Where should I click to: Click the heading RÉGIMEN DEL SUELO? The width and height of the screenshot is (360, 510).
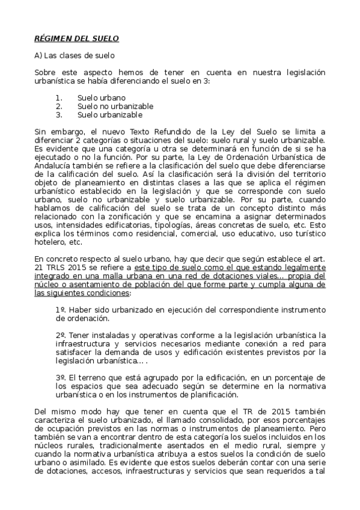point(76,38)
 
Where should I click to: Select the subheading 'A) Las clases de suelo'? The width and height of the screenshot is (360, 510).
point(75,55)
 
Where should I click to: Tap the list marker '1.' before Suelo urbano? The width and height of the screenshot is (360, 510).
point(59,97)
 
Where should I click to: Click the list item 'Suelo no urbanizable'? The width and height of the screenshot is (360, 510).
point(115,106)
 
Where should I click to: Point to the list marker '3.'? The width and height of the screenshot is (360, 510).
point(59,114)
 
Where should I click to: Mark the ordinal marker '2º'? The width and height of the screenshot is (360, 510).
point(59,334)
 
